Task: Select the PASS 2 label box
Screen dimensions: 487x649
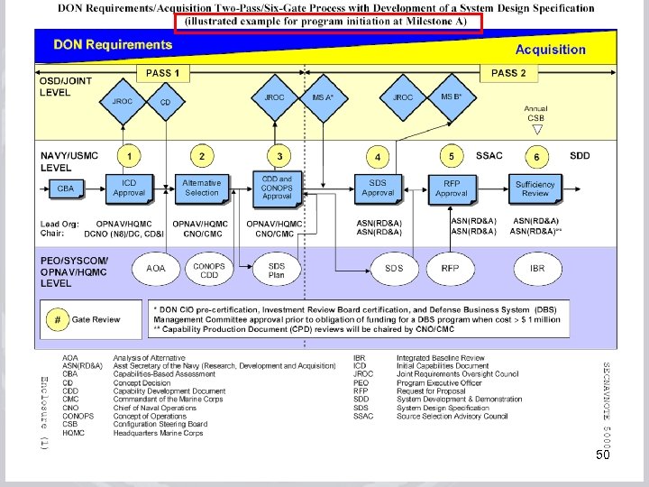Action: [510, 72]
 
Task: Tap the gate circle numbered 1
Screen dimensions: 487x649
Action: [129, 157]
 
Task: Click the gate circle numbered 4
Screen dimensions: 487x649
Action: [378, 157]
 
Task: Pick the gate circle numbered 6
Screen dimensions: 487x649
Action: [537, 157]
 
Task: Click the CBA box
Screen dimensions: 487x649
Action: [66, 188]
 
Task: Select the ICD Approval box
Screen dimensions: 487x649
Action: [129, 188]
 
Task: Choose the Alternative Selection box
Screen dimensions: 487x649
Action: [202, 188]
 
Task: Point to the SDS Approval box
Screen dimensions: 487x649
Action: [378, 188]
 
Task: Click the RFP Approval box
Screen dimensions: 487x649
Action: [452, 188]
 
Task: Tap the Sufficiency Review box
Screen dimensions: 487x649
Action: [535, 188]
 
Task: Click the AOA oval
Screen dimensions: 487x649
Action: [156, 268]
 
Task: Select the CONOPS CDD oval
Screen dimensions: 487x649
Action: [209, 270]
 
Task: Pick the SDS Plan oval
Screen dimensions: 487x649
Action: [277, 270]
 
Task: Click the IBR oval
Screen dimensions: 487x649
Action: [537, 268]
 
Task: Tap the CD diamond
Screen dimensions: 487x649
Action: [165, 103]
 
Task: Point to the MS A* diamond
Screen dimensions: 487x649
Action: [323, 97]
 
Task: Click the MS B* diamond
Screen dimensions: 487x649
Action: [452, 97]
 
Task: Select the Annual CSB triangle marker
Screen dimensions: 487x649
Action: [537, 129]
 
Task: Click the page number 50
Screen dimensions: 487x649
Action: [603, 457]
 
